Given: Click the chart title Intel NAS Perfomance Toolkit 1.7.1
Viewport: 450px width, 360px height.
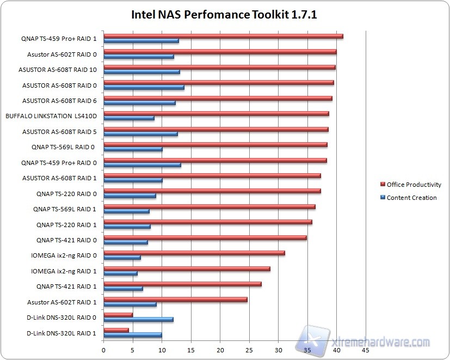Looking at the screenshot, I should (224, 14).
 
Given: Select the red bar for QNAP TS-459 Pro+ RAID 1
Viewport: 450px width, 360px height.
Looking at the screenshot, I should (223, 36).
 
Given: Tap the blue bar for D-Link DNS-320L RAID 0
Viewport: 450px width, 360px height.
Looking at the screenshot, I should (138, 319).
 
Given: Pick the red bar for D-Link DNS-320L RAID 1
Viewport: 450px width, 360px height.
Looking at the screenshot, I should (116, 330).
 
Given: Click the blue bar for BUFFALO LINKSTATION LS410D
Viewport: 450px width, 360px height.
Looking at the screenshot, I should (129, 118).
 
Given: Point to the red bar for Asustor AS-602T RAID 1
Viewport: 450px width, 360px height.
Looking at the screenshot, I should (175, 299).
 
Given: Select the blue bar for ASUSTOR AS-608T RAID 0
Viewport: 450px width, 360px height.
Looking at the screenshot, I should (144, 87).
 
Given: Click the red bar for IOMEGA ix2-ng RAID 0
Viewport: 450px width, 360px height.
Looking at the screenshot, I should (194, 253).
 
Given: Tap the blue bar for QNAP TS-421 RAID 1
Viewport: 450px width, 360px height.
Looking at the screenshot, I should (123, 289).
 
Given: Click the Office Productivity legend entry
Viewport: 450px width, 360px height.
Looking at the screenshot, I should (414, 185).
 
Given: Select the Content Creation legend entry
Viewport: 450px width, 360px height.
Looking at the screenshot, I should (411, 198).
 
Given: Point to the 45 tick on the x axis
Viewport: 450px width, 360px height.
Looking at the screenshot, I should (366, 351).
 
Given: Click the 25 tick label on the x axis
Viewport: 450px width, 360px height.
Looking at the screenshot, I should (249, 351).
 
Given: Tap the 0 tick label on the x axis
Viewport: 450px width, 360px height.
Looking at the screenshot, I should (103, 351).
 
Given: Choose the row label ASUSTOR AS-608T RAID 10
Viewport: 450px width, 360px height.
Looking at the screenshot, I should (57, 70).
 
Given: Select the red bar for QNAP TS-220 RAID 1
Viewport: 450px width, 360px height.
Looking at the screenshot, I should (207, 222).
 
